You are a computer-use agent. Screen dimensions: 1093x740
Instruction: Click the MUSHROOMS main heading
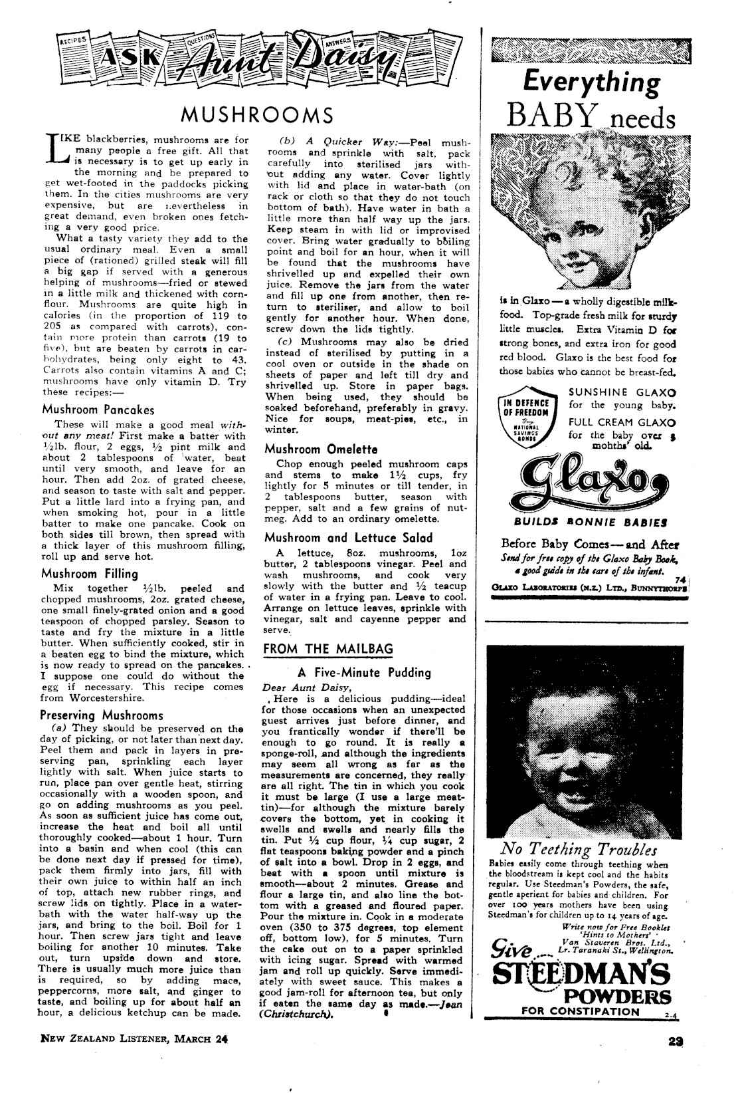tap(257, 115)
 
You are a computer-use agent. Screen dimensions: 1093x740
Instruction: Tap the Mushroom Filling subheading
tap(90, 573)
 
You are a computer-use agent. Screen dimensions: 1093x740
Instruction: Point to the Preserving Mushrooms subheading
tap(102, 715)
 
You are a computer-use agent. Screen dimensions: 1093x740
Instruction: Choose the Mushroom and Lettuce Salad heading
tap(348, 537)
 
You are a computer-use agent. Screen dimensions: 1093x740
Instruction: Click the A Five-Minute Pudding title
tap(364, 673)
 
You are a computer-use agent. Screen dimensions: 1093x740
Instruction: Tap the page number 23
tap(678, 1056)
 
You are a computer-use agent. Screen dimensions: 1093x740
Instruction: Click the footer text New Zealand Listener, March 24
tap(130, 1056)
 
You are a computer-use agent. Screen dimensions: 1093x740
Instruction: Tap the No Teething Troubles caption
tap(579, 849)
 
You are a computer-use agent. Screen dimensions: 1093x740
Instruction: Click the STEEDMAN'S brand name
tap(581, 977)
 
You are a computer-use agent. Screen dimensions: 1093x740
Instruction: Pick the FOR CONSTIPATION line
tap(581, 1011)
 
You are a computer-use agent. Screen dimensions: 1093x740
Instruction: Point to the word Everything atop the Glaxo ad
tap(591, 82)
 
